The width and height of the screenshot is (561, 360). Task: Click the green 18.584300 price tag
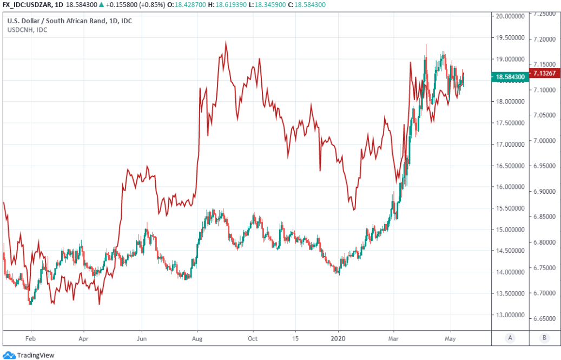point(510,77)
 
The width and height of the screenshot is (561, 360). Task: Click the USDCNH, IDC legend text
point(27,30)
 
